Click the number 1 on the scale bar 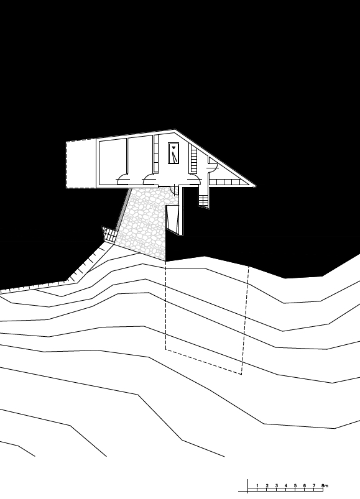pos(257,485)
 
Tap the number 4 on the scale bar pos(286,485)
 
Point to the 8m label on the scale pos(325,485)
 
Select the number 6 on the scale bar pos(305,485)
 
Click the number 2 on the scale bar pos(267,485)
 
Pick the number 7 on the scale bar pos(314,485)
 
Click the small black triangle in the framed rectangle pos(173,148)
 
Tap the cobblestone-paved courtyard pos(146,219)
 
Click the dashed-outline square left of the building pos(81,164)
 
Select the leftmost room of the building pos(113,162)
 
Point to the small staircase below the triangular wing pos(203,201)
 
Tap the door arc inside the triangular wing pos(213,168)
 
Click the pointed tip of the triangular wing pos(255,185)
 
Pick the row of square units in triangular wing pos(226,182)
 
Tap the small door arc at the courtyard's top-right pos(174,190)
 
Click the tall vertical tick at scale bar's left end pos(248,486)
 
